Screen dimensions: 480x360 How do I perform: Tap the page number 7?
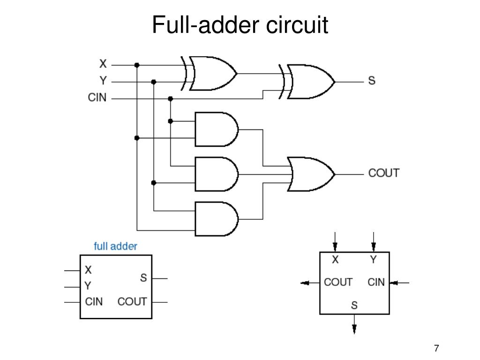coord(436,348)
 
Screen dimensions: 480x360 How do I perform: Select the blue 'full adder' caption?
coord(115,246)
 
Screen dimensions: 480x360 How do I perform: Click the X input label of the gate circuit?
coord(103,64)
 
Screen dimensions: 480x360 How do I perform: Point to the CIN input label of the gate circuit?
coord(97,97)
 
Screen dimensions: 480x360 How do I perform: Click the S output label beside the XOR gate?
coord(372,81)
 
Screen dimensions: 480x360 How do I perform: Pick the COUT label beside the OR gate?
coord(384,173)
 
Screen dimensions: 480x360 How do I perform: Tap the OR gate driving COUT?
coord(311,174)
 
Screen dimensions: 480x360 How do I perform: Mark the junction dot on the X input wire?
coord(137,65)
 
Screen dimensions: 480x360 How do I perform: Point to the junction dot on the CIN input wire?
coord(171,99)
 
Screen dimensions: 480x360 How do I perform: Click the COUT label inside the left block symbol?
coord(132,301)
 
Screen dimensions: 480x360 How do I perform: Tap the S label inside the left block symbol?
coord(143,277)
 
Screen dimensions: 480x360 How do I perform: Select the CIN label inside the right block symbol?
coord(376,282)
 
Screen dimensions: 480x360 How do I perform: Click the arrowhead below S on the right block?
coord(354,329)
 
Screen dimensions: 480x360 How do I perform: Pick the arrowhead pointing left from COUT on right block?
coord(305,283)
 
